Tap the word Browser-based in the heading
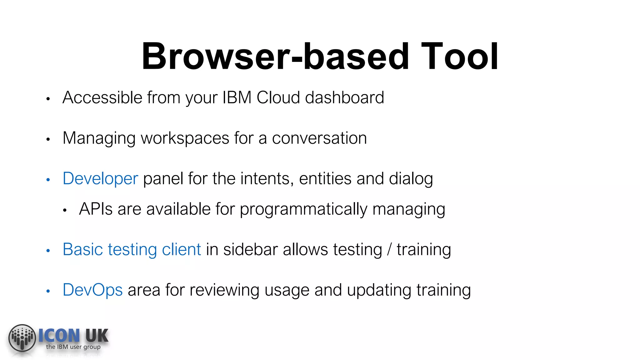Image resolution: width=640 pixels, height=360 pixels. pyautogui.click(x=275, y=57)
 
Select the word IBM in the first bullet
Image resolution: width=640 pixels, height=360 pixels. pyautogui.click(x=237, y=97)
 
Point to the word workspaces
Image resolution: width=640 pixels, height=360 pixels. pyautogui.click(x=185, y=138)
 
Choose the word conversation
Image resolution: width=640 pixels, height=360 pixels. pyautogui.click(x=319, y=138)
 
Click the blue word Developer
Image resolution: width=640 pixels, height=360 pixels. pyautogui.click(x=100, y=179)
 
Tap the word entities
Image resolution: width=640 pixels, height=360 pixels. pyautogui.click(x=325, y=179)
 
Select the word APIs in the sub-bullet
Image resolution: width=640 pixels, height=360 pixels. pyautogui.click(x=96, y=209)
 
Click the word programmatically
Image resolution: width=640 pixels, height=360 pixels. pyautogui.click(x=303, y=209)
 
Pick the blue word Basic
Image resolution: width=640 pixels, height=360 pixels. pyautogui.click(x=83, y=250)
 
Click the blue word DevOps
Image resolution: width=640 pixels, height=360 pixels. pyautogui.click(x=92, y=290)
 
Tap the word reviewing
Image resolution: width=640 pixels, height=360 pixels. pyautogui.click(x=224, y=290)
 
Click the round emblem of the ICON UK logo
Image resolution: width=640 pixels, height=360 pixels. pyautogui.click(x=22, y=338)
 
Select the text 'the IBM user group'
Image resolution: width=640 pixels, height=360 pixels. pyautogui.click(x=73, y=347)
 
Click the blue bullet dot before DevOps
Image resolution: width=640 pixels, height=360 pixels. pyautogui.click(x=48, y=291)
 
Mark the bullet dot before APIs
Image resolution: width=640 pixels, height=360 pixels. pyautogui.click(x=65, y=210)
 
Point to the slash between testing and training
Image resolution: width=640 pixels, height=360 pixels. pyautogui.click(x=389, y=250)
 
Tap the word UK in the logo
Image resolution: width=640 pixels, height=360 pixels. pyautogui.click(x=97, y=336)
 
